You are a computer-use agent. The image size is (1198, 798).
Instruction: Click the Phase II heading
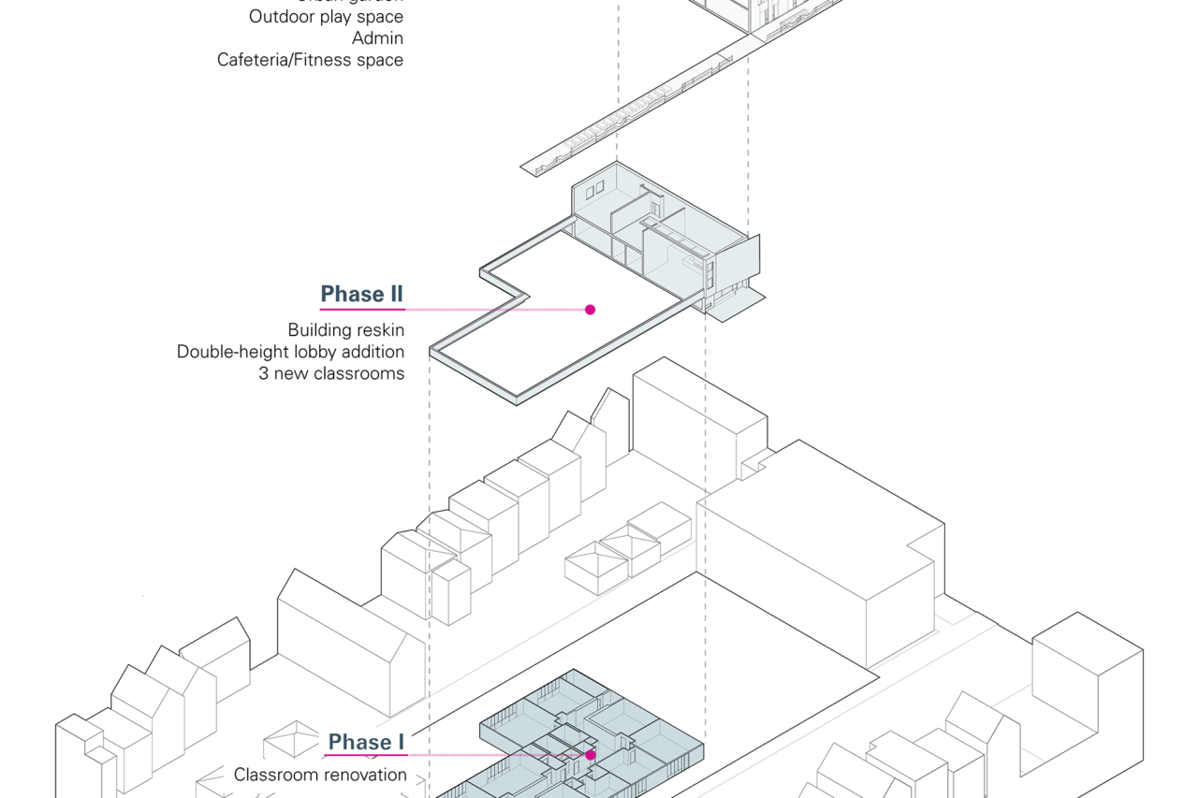pyautogui.click(x=361, y=294)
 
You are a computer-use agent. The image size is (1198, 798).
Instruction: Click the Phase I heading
pyautogui.click(x=366, y=742)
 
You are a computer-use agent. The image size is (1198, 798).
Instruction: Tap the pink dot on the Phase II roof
pyautogui.click(x=590, y=310)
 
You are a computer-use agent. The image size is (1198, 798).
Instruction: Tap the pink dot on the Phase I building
pyautogui.click(x=591, y=754)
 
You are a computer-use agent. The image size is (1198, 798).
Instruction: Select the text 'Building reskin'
pyautogui.click(x=345, y=330)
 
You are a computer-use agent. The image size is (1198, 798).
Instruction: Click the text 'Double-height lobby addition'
pyautogui.click(x=290, y=352)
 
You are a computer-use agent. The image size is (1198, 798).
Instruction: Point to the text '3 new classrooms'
pyautogui.click(x=331, y=373)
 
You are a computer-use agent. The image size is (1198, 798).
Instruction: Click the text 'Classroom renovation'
pyautogui.click(x=320, y=775)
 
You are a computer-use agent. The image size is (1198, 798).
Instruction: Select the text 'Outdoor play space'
pyautogui.click(x=326, y=17)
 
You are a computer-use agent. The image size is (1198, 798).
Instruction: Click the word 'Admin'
pyautogui.click(x=378, y=38)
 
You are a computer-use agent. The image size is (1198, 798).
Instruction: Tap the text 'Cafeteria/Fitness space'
pyautogui.click(x=310, y=60)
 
